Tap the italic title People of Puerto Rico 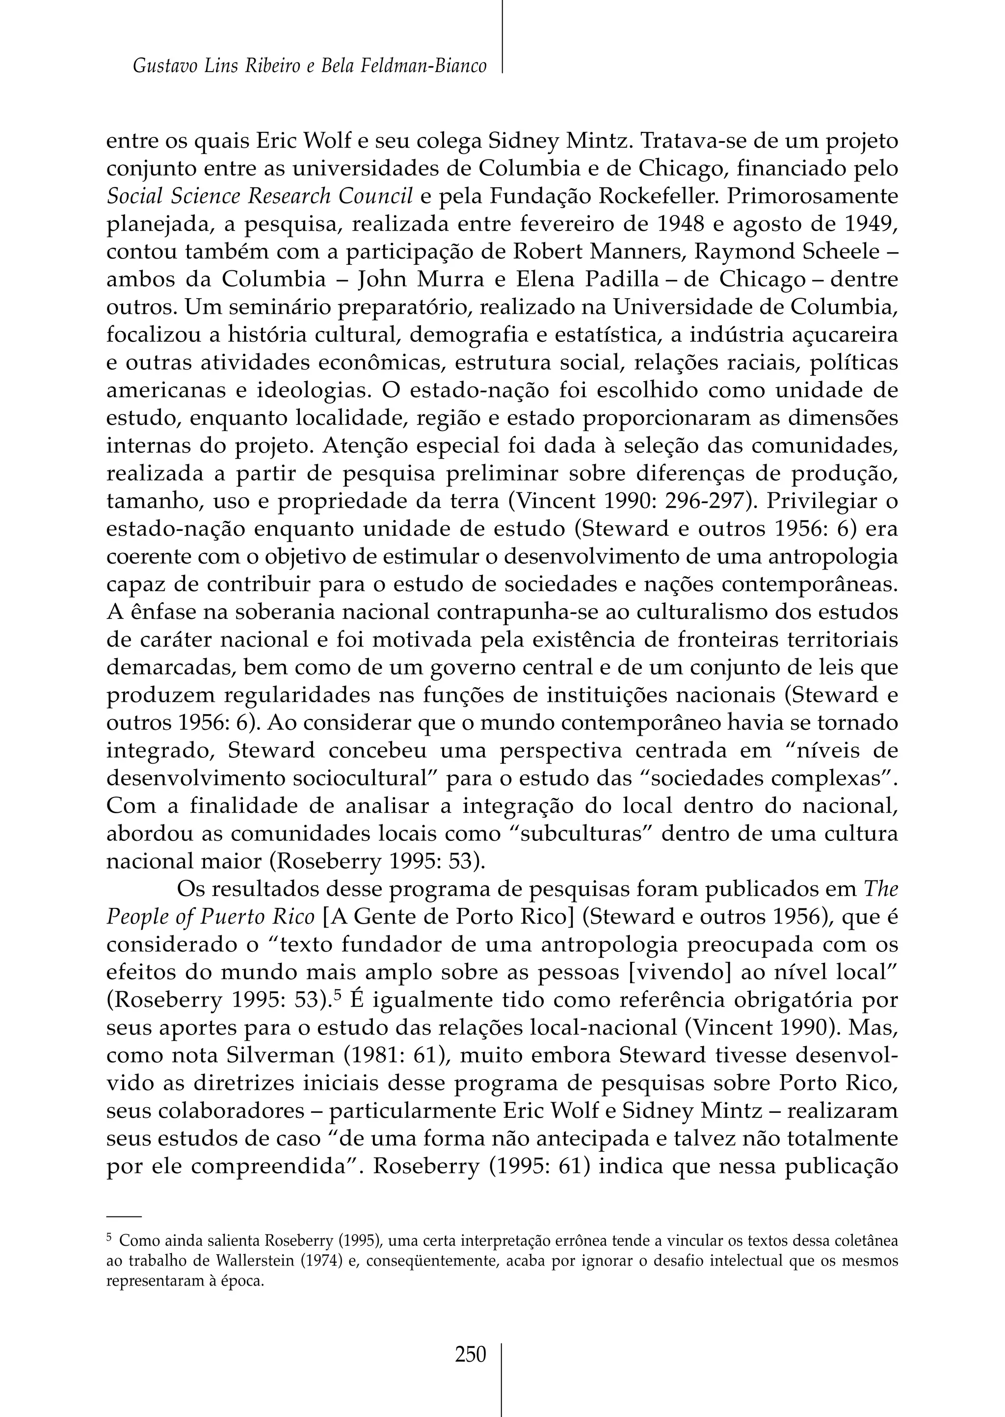(x=211, y=917)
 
